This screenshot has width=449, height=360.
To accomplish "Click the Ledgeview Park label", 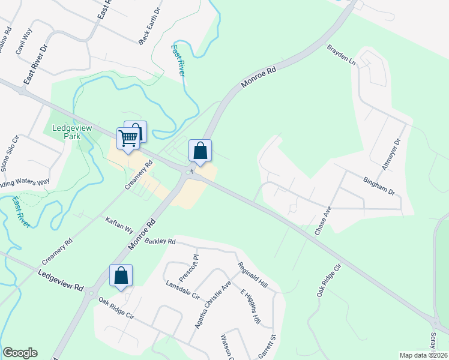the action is pos(67,132).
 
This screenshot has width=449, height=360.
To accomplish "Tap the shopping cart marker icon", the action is pos(128,139).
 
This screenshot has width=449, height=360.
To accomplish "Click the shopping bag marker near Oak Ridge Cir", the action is pos(121,276).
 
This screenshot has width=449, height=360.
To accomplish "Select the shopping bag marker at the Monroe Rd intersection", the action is pos(200,151).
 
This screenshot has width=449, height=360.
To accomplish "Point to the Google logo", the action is pos(20,353).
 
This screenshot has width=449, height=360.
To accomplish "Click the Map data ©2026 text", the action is pos(424,355).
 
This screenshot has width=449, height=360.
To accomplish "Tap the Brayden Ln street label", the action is pos(341,55).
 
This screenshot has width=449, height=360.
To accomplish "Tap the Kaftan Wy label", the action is pos(119,224).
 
